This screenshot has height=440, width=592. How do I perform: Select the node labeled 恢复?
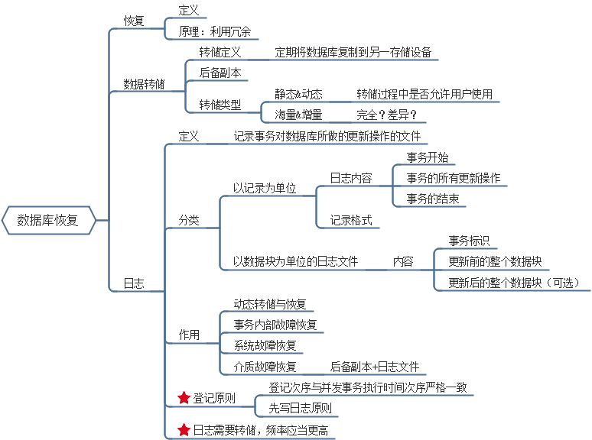pos(134,21)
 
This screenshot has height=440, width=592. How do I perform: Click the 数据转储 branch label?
pos(144,84)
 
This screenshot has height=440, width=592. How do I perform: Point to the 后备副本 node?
pos(220,73)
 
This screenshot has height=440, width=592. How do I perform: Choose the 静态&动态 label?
pos(298,94)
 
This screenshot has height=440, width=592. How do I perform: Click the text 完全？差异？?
pos(387,115)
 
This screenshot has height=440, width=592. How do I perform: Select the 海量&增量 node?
pos(298,115)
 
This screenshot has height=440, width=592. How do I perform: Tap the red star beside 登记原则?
pos(184,397)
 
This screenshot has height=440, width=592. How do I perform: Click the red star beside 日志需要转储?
pos(184,430)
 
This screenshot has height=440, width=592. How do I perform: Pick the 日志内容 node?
pos(351,178)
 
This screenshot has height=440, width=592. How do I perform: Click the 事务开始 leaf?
pos(428,158)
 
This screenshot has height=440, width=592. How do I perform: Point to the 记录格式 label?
pos(351,220)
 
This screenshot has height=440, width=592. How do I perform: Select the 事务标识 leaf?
pos(469,240)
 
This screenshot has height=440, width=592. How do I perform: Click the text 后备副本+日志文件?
pos(375,367)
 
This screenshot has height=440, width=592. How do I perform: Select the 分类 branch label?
pos(188,220)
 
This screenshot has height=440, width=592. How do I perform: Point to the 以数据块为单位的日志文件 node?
pos(295,261)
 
